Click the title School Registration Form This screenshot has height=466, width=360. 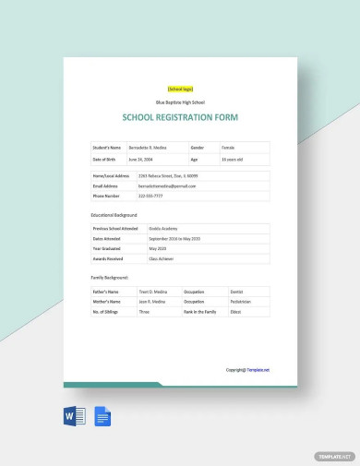(180, 118)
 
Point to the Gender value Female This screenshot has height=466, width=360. (229, 147)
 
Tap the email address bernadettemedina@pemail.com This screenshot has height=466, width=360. (167, 185)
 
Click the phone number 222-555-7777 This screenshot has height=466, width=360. (150, 196)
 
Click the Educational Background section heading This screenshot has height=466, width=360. (114, 213)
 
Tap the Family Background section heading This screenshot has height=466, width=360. (110, 277)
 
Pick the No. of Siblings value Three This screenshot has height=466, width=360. (144, 312)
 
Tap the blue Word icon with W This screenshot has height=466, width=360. (75, 416)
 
